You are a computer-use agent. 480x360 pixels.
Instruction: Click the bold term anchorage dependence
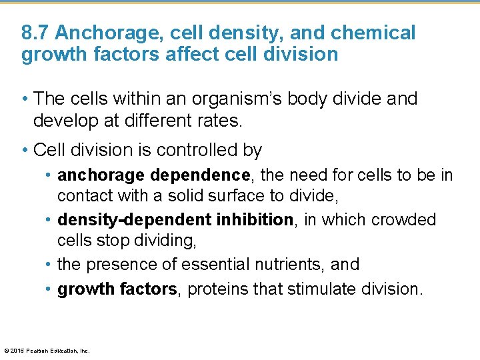point(153,175)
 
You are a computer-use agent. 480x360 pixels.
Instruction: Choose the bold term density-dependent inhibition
point(175,220)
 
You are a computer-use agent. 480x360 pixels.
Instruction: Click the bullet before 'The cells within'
point(25,99)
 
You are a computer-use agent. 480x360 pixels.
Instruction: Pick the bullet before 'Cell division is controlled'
point(25,151)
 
